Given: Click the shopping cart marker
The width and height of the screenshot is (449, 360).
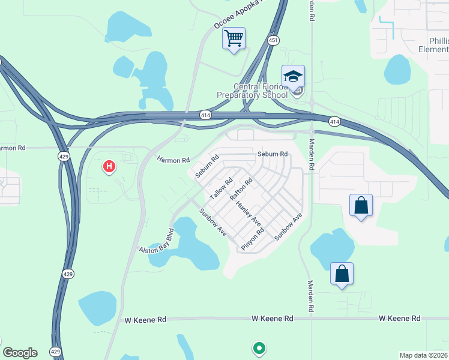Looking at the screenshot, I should click(x=234, y=39).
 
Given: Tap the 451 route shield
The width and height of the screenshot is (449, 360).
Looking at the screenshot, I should click(x=274, y=40).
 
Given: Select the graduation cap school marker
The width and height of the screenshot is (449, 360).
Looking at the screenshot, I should click(x=293, y=77).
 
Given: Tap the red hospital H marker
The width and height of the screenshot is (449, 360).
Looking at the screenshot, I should click(x=109, y=166).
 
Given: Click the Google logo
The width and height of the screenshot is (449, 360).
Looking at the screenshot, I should click(x=20, y=353).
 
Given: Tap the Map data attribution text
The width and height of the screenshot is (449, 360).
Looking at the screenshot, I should click(x=424, y=355).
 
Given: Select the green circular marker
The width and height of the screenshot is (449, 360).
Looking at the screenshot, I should click(x=259, y=347).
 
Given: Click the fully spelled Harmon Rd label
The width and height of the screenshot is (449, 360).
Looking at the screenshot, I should click(x=173, y=160).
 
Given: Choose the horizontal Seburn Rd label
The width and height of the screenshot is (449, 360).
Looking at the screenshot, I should click(x=273, y=154).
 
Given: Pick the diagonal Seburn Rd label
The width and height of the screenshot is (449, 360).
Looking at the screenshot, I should click(x=207, y=166).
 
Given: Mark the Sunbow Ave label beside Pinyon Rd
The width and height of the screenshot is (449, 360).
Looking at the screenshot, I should click(x=288, y=226).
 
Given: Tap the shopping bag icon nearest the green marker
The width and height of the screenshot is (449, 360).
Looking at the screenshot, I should click(x=342, y=274).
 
